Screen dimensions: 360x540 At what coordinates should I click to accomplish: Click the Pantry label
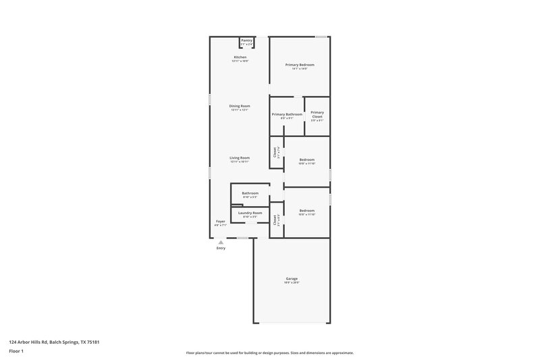[246, 41]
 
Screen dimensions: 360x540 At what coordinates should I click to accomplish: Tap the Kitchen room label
[240, 57]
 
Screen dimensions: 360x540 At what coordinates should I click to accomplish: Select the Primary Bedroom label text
[300, 65]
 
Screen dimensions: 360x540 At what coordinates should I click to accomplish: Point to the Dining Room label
[240, 106]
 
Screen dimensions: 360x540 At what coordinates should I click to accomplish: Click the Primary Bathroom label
[287, 114]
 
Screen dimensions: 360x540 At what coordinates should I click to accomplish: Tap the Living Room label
[240, 158]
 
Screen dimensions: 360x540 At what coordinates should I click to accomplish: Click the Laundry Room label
[250, 213]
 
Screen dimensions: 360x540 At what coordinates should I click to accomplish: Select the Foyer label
[220, 222]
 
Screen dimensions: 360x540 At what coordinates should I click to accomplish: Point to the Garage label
[292, 278]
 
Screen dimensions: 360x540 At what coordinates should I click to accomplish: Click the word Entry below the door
[221, 249]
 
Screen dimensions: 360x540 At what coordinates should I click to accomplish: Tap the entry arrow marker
[221, 242]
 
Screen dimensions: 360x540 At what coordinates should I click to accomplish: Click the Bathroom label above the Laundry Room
[250, 193]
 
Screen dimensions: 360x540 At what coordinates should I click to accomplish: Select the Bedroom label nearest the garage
[306, 210]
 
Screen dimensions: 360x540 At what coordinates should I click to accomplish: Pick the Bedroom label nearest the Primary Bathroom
[306, 159]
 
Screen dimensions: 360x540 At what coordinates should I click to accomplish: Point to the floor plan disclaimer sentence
[269, 353]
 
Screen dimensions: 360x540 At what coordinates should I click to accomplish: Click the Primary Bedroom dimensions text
[300, 69]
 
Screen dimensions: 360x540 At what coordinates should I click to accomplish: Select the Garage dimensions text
[292, 282]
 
